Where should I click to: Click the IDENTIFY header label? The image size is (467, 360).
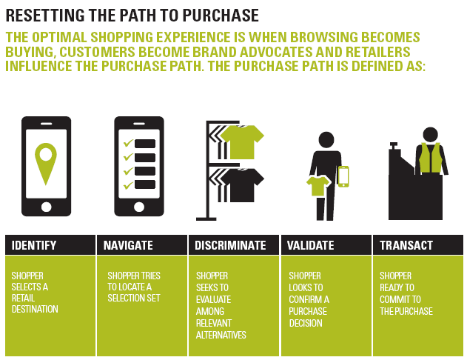[x=34, y=245]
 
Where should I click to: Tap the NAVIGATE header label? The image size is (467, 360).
[x=128, y=245]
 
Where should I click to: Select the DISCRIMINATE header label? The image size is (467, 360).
[x=230, y=245]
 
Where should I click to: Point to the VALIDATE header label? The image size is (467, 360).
[x=310, y=245]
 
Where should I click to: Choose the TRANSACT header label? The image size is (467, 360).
[x=406, y=245]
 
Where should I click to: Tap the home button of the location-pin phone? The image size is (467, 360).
[x=46, y=207]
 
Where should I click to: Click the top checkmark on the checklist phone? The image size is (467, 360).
[x=128, y=144]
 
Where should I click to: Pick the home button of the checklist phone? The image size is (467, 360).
[x=139, y=207]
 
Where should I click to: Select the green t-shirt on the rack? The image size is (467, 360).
[x=242, y=142]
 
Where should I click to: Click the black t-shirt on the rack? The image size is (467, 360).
[x=242, y=185]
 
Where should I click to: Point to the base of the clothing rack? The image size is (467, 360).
[x=206, y=219]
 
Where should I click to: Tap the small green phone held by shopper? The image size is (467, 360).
[x=343, y=176]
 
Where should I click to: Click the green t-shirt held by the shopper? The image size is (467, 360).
[x=318, y=186]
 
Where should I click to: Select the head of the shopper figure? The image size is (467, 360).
[x=326, y=140]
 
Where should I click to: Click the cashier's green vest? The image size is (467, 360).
[x=431, y=158]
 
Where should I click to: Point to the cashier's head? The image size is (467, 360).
[x=431, y=134]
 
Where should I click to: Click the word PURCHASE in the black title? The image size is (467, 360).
[x=221, y=16]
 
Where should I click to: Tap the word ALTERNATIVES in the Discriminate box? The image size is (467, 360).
[x=221, y=335]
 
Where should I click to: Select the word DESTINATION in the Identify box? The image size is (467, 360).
[x=35, y=309]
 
